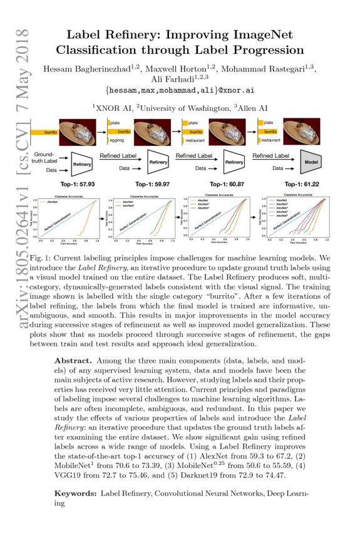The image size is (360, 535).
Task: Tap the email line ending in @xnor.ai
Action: pos(180,91)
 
